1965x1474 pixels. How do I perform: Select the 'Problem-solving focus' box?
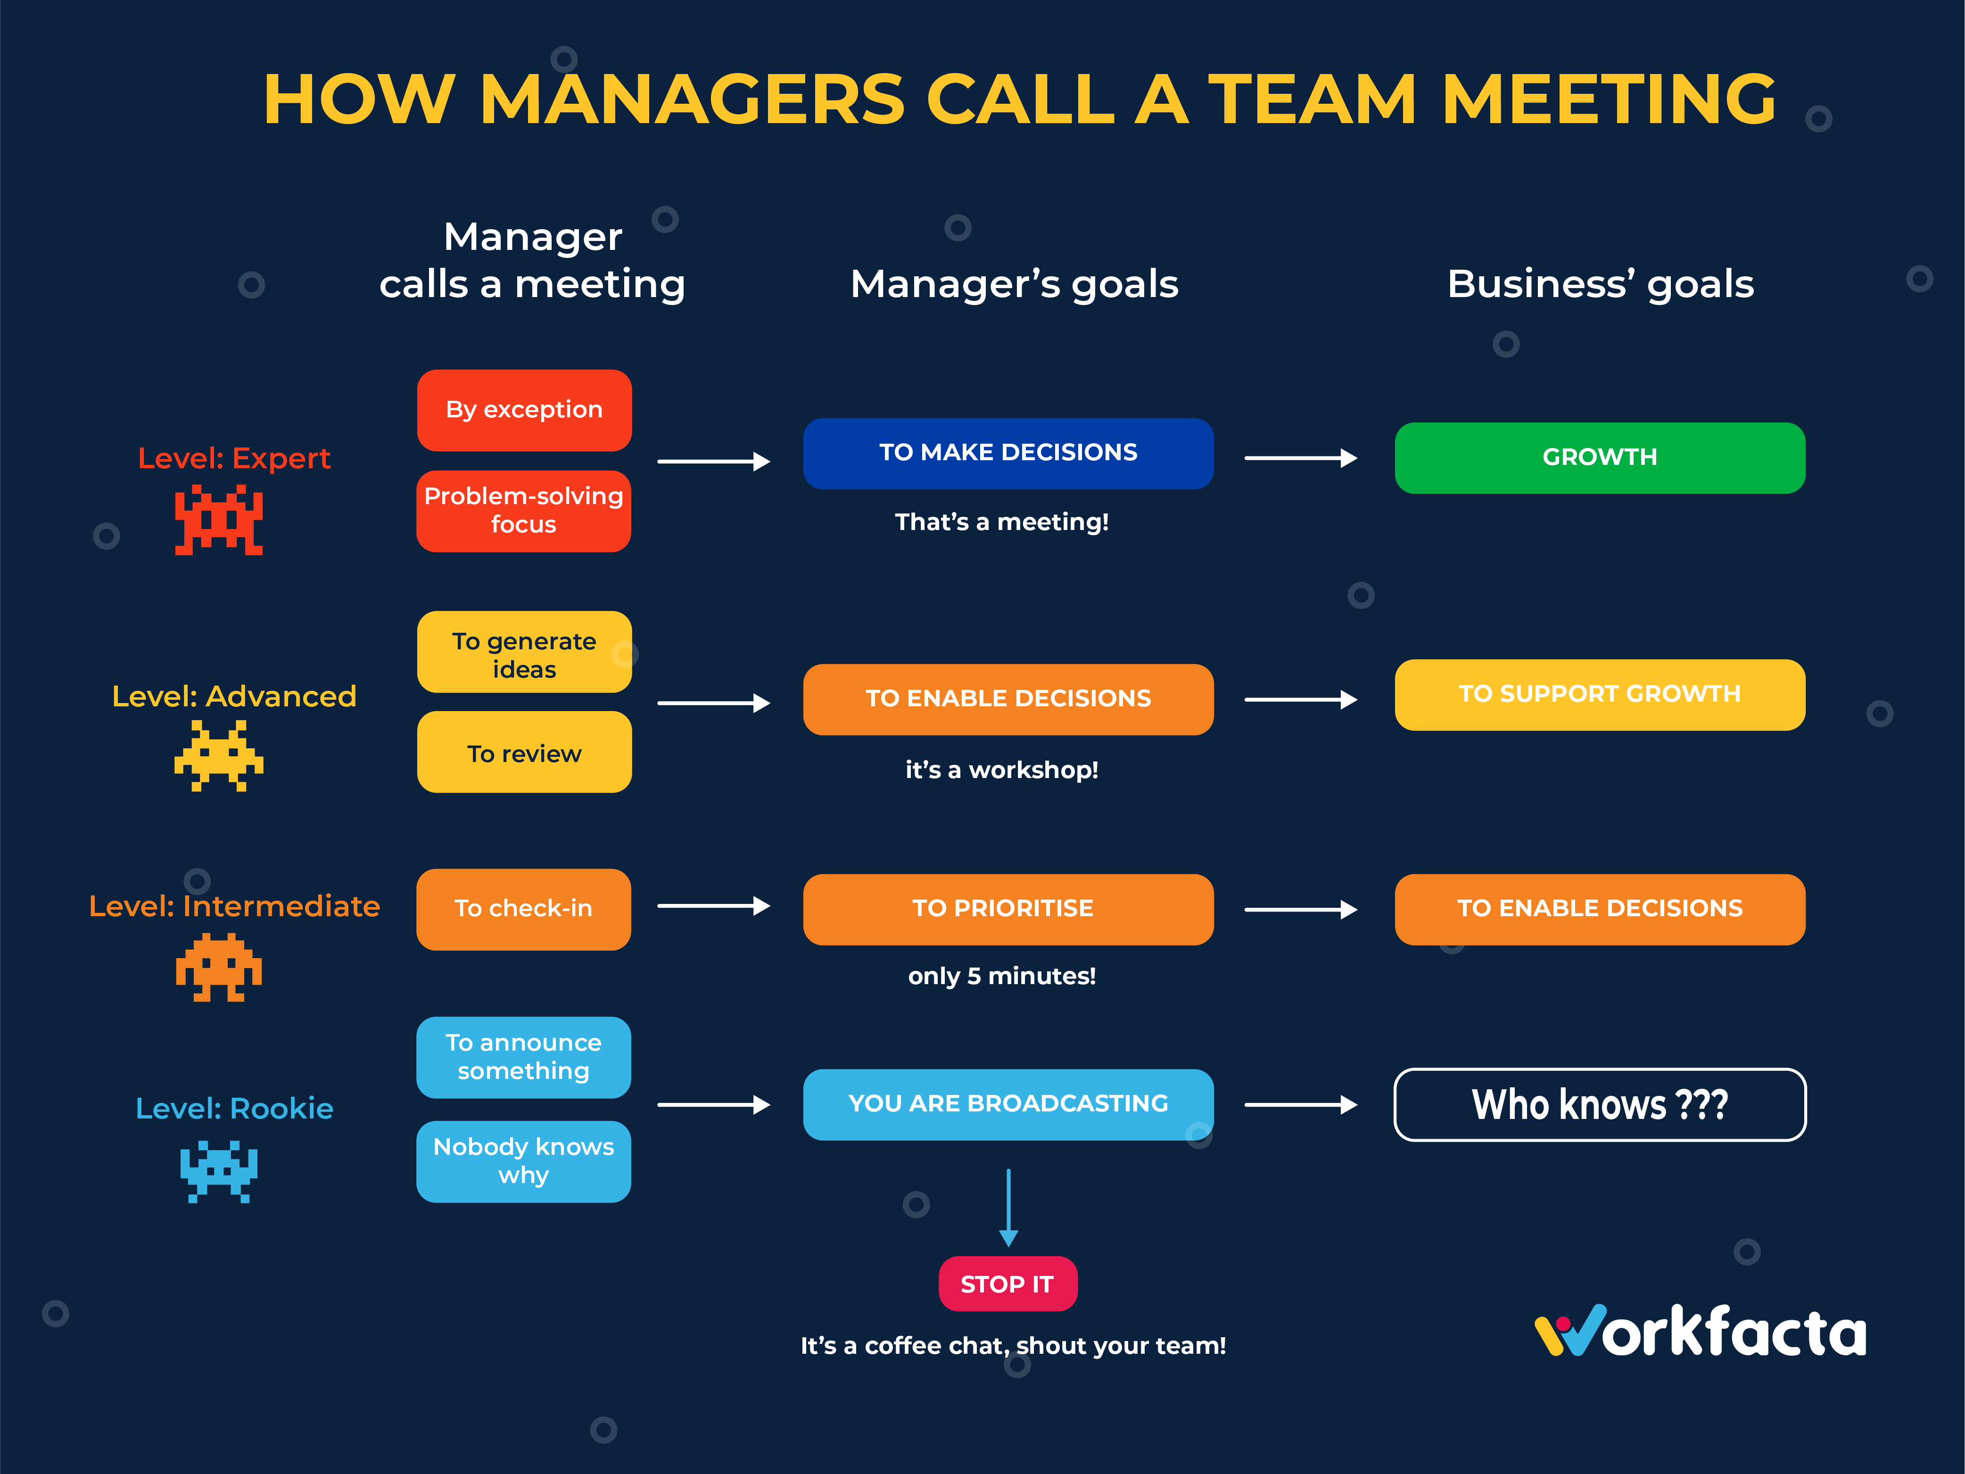pos(524,511)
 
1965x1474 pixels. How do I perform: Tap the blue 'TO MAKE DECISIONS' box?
pos(1008,453)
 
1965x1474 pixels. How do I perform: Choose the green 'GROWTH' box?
pos(1600,457)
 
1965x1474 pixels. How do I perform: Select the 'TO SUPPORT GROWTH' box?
pos(1600,695)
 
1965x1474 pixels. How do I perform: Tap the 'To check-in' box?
pos(524,909)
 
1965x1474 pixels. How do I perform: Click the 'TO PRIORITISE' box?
pos(1008,909)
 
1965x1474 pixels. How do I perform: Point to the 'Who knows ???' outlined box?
pos(1600,1104)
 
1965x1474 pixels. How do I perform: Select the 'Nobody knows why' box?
pos(524,1161)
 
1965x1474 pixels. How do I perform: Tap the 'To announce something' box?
pos(524,1057)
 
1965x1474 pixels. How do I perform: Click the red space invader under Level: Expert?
pos(219,520)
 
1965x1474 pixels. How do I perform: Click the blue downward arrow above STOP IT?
pos(1008,1209)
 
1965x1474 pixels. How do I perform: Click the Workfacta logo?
pos(1700,1331)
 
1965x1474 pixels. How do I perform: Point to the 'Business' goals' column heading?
pos(1600,284)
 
